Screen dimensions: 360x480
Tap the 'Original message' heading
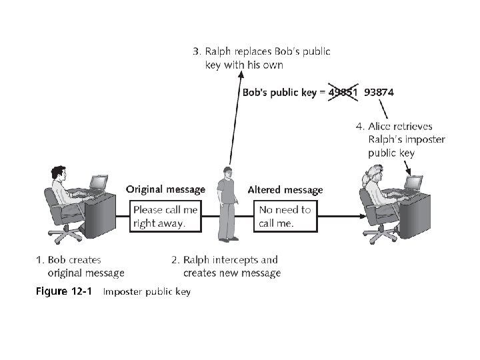click(165, 189)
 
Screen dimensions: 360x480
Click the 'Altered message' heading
click(285, 190)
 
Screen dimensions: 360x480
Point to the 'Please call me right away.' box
click(165, 217)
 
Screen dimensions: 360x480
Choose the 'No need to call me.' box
click(285, 217)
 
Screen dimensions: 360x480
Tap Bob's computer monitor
click(99, 181)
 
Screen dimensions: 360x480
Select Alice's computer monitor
click(414, 181)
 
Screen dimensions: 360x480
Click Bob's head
click(59, 175)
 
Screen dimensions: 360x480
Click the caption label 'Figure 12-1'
click(63, 291)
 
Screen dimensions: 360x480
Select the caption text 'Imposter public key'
click(147, 292)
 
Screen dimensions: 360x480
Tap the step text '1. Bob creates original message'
click(80, 266)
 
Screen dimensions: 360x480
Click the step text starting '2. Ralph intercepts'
click(227, 266)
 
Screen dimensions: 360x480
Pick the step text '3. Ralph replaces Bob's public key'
click(263, 58)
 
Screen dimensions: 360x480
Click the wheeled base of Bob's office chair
click(65, 235)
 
